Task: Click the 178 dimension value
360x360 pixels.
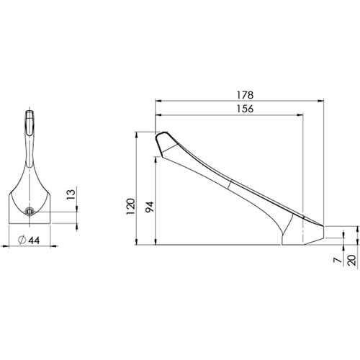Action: pyautogui.click(x=245, y=95)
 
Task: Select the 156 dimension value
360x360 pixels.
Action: pyautogui.click(x=245, y=109)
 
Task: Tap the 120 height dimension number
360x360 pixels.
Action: pyautogui.click(x=131, y=207)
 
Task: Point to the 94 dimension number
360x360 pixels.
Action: pyautogui.click(x=150, y=207)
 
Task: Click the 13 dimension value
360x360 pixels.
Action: pyautogui.click(x=71, y=194)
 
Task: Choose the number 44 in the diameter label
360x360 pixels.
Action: pyautogui.click(x=34, y=240)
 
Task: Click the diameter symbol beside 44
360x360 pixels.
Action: pyautogui.click(x=22, y=240)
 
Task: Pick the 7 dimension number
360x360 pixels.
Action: pyautogui.click(x=338, y=260)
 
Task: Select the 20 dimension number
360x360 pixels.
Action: pyautogui.click(x=352, y=260)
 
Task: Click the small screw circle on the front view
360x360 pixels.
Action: pyautogui.click(x=30, y=212)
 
